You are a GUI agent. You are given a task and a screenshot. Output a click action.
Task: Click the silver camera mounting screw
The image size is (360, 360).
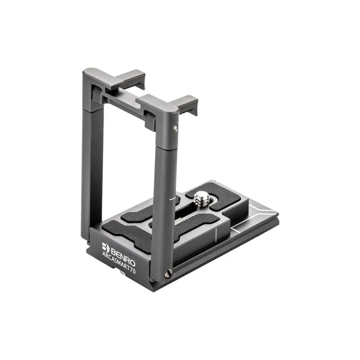pos(202,198)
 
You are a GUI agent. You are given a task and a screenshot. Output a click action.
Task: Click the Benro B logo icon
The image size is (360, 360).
pos(105,247)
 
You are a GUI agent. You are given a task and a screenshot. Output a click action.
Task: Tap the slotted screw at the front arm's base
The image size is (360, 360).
pos(168,274)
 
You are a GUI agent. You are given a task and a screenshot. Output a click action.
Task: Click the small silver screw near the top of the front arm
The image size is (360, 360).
pos(175,128)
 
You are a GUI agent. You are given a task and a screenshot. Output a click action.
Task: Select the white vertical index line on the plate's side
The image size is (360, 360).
pos(216,235)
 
